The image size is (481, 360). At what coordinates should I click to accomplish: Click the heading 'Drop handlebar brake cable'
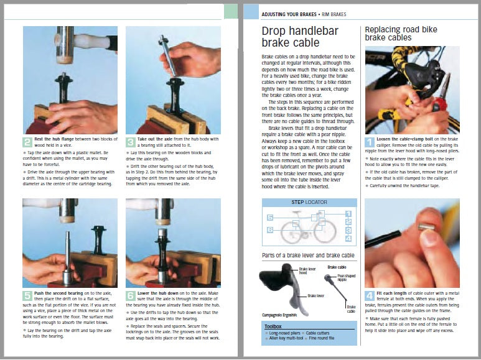pos(291,37)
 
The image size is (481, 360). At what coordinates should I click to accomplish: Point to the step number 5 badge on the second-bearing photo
pos(27,295)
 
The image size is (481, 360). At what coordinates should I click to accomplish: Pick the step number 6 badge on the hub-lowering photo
pos(131,295)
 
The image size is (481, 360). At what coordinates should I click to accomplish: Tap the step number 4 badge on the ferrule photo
pos(370,295)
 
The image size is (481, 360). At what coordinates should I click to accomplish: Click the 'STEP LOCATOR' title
pos(309,203)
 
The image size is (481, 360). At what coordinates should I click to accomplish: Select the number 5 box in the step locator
pos(270,218)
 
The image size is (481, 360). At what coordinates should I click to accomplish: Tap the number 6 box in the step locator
pos(270,230)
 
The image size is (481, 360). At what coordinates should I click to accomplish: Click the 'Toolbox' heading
pos(273,326)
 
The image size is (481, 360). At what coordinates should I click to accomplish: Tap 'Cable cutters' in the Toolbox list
pos(322,333)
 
